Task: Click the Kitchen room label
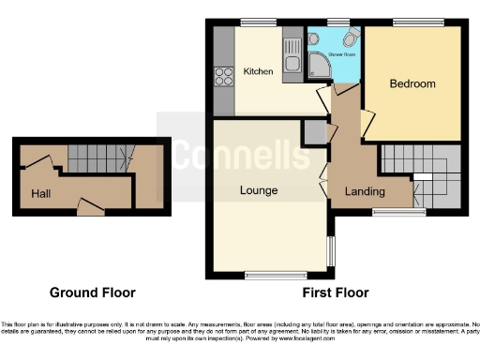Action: coord(258,71)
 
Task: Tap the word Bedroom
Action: coord(412,84)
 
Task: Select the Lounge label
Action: coord(258,190)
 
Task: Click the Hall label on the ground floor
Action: coord(40,194)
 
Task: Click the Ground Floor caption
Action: coord(92,292)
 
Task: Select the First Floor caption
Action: coord(335,292)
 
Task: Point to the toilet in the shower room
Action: coord(351,37)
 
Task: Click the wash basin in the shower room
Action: coord(316,42)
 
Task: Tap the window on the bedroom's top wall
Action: coord(412,22)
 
